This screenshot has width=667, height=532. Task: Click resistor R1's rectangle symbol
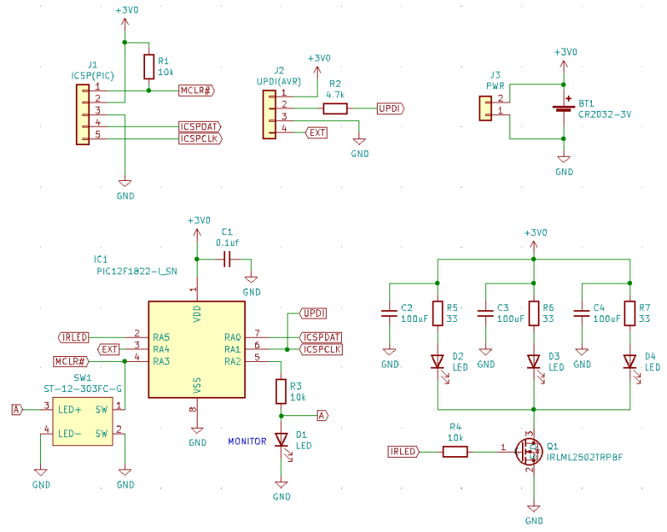click(x=148, y=67)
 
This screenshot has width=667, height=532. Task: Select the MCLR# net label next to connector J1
click(x=197, y=91)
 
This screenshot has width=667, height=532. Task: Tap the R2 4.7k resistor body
click(x=335, y=108)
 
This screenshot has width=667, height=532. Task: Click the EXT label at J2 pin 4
click(x=317, y=133)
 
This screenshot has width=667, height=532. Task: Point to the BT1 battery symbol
click(x=564, y=106)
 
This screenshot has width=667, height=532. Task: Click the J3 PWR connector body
click(x=485, y=108)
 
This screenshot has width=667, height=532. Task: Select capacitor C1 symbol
click(x=227, y=258)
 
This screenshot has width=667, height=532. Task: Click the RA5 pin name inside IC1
click(x=161, y=338)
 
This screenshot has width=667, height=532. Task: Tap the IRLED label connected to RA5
click(x=74, y=338)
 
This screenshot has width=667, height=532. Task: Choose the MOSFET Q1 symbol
click(x=529, y=451)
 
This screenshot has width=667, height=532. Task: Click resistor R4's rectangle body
click(x=455, y=452)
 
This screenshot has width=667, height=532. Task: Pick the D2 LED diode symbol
click(x=438, y=362)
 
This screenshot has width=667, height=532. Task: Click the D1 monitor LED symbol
click(x=281, y=439)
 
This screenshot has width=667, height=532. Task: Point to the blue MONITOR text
click(x=247, y=441)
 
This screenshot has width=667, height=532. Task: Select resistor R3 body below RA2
click(x=281, y=391)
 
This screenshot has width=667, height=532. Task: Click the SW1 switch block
click(x=83, y=422)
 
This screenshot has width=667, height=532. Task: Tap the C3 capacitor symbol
click(x=485, y=314)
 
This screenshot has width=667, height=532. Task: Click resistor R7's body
click(x=630, y=314)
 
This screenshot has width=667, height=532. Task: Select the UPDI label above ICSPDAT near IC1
click(x=314, y=314)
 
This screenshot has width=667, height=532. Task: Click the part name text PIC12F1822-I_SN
click(x=137, y=272)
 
